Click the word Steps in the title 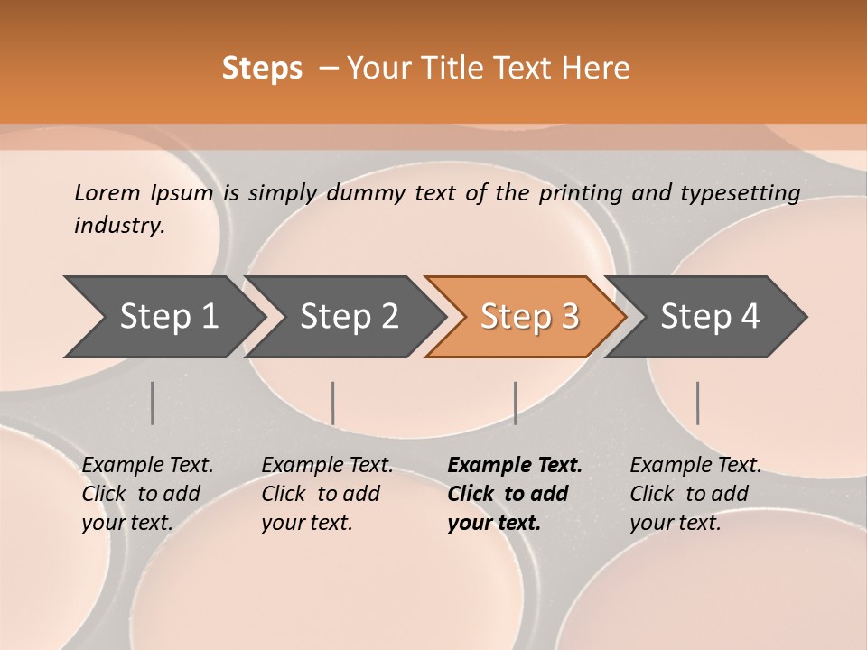[x=262, y=68]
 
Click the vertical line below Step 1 [x=152, y=403]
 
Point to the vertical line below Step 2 [x=333, y=403]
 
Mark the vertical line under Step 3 [x=515, y=403]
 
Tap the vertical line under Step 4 [x=697, y=403]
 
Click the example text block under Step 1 [x=147, y=494]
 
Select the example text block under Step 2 [x=327, y=494]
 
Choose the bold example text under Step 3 [x=515, y=494]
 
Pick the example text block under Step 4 [x=695, y=494]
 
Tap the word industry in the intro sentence [x=118, y=226]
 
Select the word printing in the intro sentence [x=577, y=193]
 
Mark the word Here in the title [x=600, y=68]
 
